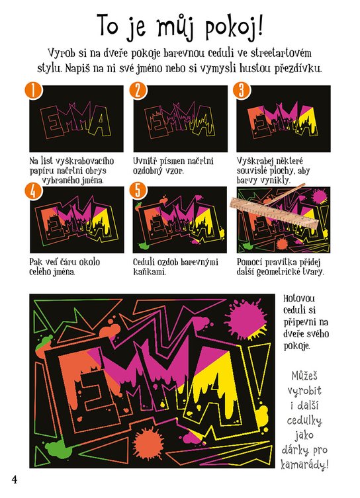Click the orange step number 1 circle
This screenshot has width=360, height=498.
pyautogui.click(x=33, y=91)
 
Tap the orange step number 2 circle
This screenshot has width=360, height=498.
pyautogui.click(x=138, y=91)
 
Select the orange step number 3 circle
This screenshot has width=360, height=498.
pyautogui.click(x=241, y=91)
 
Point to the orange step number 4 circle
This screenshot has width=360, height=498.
pyautogui.click(x=33, y=191)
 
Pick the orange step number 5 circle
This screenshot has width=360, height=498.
pyautogui.click(x=138, y=191)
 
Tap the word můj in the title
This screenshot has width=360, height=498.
pyautogui.click(x=175, y=27)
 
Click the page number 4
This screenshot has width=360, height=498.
pyautogui.click(x=15, y=479)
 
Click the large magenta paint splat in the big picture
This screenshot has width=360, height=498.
pyautogui.click(x=246, y=317)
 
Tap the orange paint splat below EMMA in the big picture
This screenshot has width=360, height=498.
pyautogui.click(x=148, y=444)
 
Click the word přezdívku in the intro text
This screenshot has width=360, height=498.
pyautogui.click(x=297, y=68)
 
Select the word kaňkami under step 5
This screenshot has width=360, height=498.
pyautogui.click(x=150, y=272)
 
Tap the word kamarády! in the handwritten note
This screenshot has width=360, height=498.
pyautogui.click(x=304, y=465)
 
